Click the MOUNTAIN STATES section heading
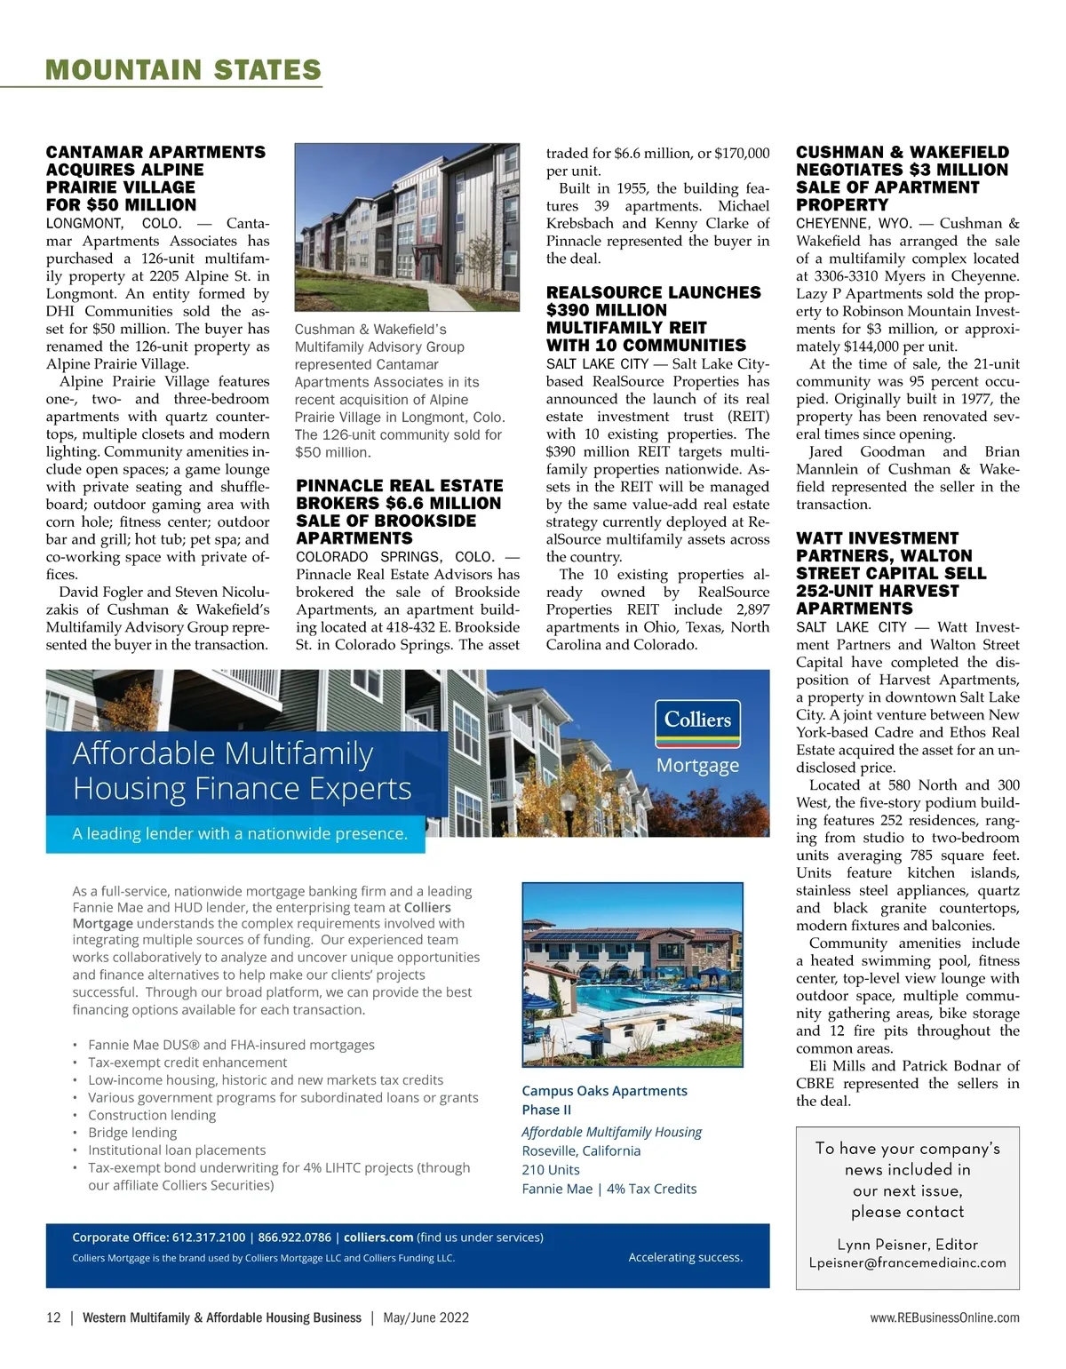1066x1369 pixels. coord(183,70)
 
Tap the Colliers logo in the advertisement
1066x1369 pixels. coord(697,720)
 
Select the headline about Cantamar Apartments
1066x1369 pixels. coord(155,179)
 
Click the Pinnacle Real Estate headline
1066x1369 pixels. coord(400,512)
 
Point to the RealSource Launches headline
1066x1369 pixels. coord(653,319)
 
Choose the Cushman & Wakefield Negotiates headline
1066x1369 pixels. coord(902,179)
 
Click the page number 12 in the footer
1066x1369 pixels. coord(53,1317)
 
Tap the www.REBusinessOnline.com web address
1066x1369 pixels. coord(944,1317)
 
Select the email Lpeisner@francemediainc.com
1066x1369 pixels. coord(907,1262)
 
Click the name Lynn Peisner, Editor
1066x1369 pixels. coord(907,1245)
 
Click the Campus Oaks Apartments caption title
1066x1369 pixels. coord(604,1091)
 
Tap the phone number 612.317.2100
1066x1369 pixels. coord(209,1238)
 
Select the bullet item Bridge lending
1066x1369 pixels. coord(132,1133)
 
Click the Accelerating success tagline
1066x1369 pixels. coord(685,1257)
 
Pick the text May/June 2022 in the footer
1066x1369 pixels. coord(426,1317)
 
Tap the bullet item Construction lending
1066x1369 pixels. coord(152,1115)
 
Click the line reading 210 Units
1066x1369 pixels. coord(551,1170)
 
